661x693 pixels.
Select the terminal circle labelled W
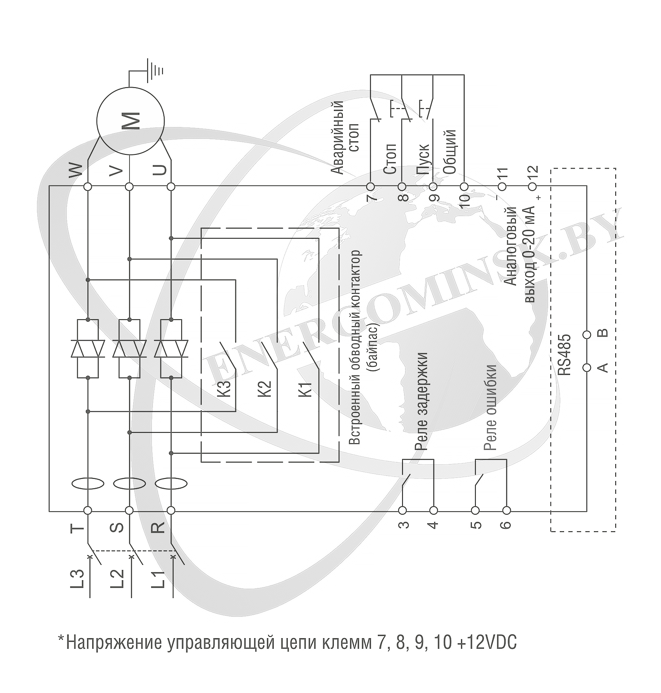88,187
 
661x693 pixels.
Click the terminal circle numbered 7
370,187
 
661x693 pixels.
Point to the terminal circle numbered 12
533,187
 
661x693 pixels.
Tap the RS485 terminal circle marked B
587,335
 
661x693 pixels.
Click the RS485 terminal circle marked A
587,367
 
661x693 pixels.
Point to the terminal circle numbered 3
402,510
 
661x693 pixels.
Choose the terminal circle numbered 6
506,510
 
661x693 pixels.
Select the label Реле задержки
421,402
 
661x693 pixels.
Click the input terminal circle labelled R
171,510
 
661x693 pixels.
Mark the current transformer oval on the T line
88,483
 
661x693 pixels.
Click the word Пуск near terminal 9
423,159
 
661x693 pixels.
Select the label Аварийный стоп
345,137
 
